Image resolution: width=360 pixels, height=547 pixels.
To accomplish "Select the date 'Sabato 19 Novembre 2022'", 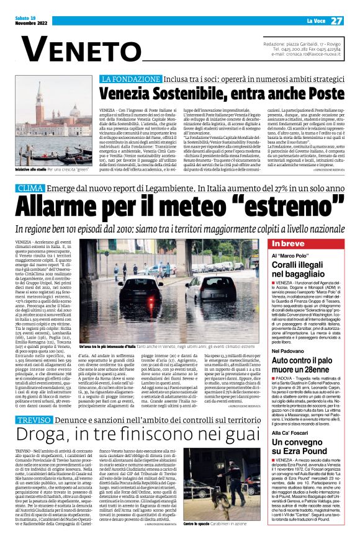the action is coord(29,20).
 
